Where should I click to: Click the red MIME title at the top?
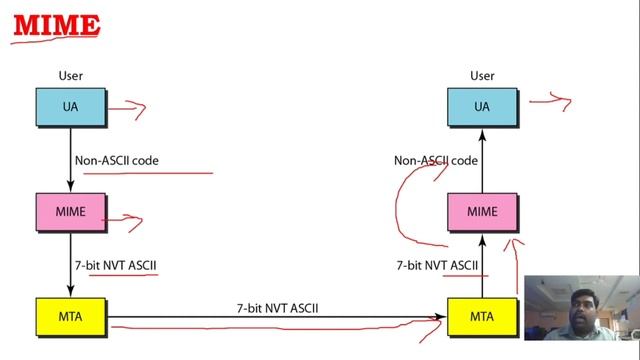point(56,24)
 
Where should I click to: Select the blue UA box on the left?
point(70,107)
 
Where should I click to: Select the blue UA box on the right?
point(482,107)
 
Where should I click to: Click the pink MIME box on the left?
point(70,212)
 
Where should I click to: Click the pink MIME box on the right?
point(482,212)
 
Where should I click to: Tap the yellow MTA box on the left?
point(70,318)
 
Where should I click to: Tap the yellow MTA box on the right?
point(482,318)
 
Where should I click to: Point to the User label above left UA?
point(70,75)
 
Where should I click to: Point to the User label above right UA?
point(482,75)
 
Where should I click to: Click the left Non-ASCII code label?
point(116,160)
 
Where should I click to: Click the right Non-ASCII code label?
point(435,160)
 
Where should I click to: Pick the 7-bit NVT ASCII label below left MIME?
point(115,266)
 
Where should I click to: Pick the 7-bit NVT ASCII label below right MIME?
point(437,266)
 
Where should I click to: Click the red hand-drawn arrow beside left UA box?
point(127,109)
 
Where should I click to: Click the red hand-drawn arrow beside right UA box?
point(550,100)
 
